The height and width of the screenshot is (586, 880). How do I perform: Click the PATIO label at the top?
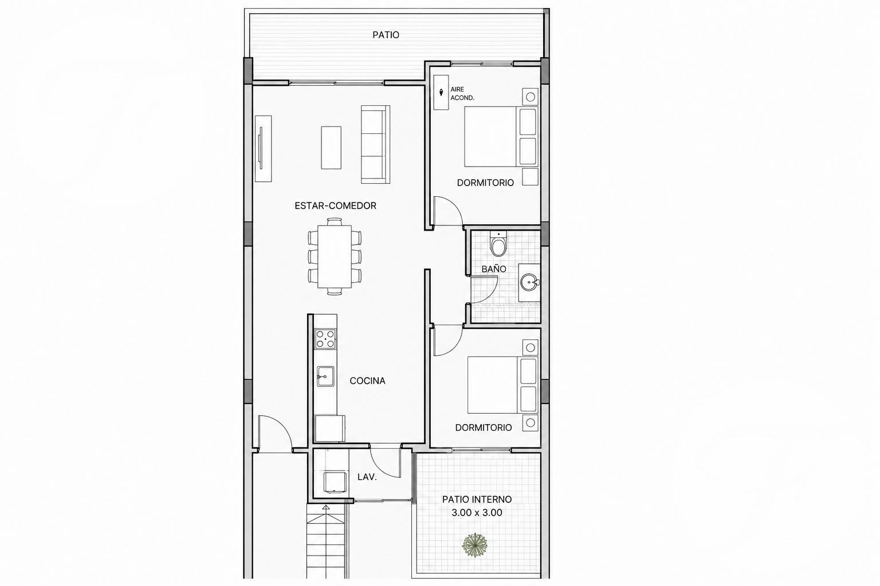pos(386,35)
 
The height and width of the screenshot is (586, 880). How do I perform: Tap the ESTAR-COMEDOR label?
pos(336,205)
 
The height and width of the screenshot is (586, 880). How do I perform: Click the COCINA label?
pos(367,381)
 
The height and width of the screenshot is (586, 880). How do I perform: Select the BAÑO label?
pos(494,269)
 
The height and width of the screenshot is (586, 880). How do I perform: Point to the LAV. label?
pos(367,477)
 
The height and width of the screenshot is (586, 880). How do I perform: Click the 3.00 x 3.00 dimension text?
pos(477,513)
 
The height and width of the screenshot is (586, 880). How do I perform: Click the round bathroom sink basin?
pos(529,282)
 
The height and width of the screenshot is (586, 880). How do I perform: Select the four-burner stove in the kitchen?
pos(325,339)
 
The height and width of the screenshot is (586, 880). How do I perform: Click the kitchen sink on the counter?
pos(325,377)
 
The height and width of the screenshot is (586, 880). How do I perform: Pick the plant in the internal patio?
pos(475,545)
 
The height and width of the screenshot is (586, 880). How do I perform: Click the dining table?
pos(335,256)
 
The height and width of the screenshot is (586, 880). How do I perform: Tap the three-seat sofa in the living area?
pos(376,144)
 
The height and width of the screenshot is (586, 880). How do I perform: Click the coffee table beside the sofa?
pos(331,148)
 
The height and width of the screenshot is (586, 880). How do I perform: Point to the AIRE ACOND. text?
pos(462,94)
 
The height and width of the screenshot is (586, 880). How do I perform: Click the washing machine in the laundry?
pos(335,482)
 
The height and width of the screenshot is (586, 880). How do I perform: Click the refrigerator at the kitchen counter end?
pos(330,429)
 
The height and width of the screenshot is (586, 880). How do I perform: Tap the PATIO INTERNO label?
pos(477,499)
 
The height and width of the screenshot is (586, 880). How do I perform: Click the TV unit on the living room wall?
pos(263,148)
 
